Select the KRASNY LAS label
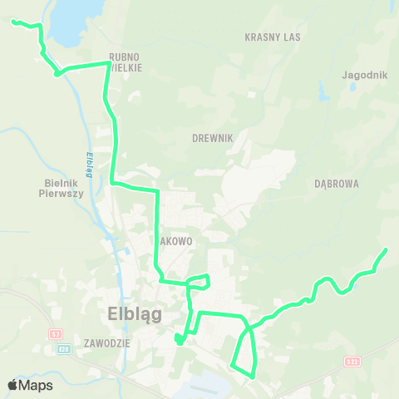pos(273,37)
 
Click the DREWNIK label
pos(211,138)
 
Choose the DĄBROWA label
pos(337,184)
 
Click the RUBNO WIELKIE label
pos(126,62)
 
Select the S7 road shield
pos(56,333)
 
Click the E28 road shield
pos(62,349)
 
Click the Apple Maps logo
pos(30,385)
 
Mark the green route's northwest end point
pos(13,22)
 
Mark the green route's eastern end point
pos(386,249)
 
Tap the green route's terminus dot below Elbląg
pos(179,339)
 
